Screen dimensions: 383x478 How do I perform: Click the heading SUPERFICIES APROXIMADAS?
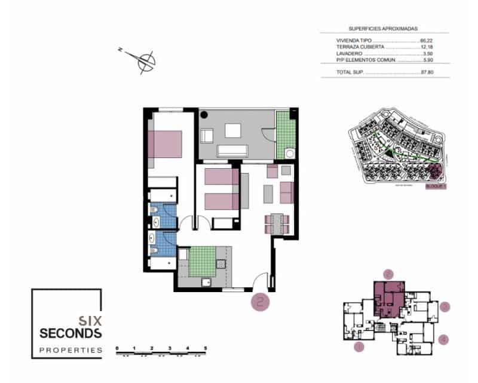coord(383,28)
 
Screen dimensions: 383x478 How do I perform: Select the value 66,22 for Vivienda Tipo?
coord(426,41)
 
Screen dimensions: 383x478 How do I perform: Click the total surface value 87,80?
coord(426,72)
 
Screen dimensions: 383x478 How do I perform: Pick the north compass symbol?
coord(145,60)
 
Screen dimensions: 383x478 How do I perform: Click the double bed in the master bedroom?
coord(165,143)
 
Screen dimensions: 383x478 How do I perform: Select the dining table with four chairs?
coord(277,223)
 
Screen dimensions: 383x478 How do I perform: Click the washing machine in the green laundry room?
coord(290,154)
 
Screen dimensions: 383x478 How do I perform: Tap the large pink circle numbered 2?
coord(261,302)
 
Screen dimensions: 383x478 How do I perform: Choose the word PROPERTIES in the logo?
coord(71,350)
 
